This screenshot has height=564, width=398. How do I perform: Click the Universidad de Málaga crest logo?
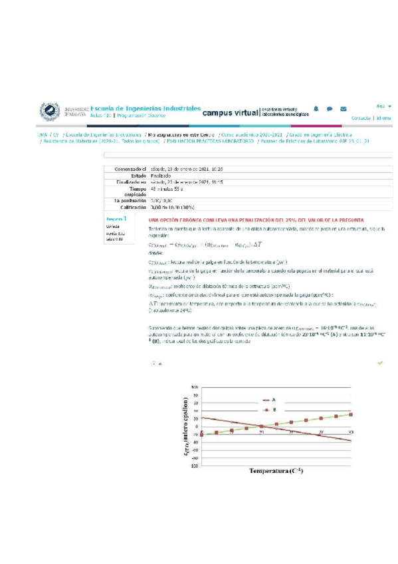[50, 111]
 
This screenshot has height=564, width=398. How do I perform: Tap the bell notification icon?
[316, 108]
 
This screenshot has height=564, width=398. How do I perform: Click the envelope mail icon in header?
[343, 108]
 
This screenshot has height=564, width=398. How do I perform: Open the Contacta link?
[360, 118]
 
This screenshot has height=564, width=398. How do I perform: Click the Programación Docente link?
[141, 116]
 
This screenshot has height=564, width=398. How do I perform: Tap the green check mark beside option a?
[380, 363]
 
